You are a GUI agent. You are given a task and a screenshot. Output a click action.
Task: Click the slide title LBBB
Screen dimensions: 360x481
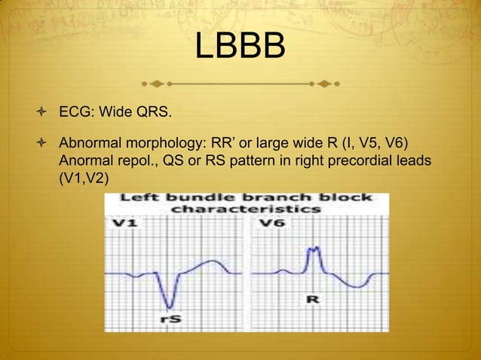[240, 47]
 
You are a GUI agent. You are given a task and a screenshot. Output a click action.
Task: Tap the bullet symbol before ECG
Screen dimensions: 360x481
[47, 114]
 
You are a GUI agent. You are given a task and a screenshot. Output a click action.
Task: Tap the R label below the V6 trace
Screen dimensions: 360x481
[311, 301]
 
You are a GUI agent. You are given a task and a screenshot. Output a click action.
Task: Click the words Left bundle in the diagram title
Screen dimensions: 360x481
[164, 199]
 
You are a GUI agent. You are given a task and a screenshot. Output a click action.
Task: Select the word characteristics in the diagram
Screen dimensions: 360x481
[247, 209]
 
